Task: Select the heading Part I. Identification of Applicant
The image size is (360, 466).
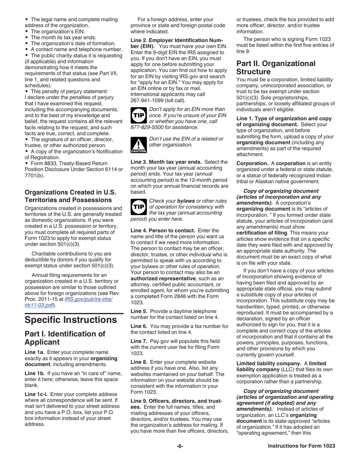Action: coord(64,338)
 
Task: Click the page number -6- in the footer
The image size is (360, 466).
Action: coord(180,446)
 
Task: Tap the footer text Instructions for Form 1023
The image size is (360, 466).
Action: coord(301,446)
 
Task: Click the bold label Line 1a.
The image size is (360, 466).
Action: coord(35,352)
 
